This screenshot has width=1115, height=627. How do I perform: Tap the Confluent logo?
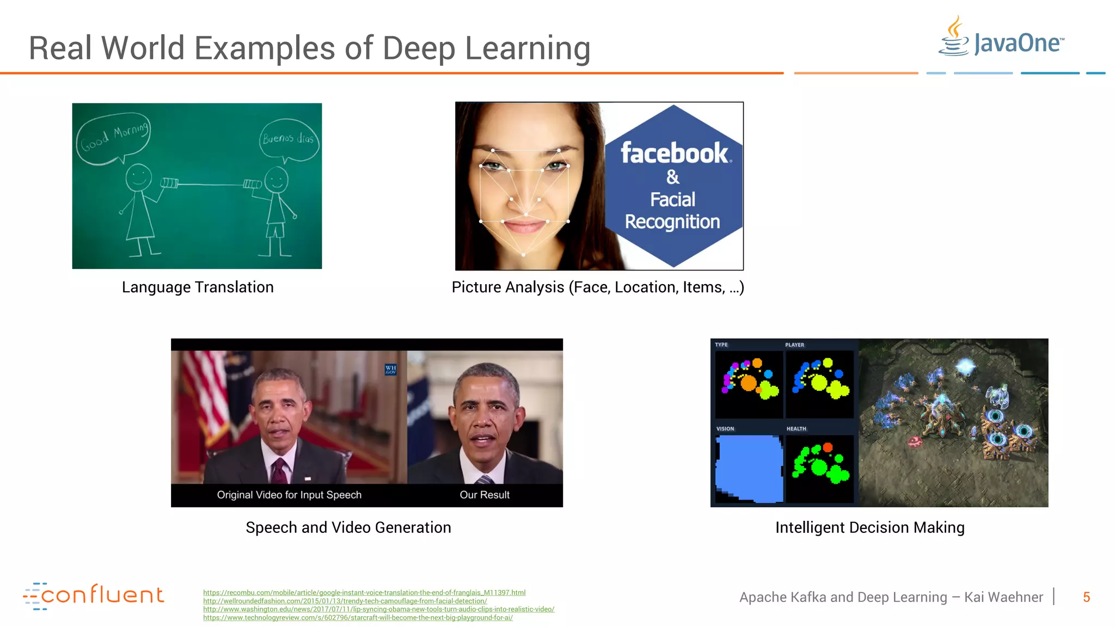click(x=93, y=595)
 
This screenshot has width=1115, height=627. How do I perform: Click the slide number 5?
click(x=1086, y=597)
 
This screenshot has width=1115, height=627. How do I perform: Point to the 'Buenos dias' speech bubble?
click(x=289, y=139)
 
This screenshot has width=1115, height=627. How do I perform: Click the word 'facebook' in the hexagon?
click(x=674, y=153)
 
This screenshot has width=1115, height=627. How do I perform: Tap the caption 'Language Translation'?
click(x=198, y=287)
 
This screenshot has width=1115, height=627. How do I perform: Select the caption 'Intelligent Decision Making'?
click(x=869, y=527)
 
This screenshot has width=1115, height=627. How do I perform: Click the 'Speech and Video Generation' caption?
click(x=348, y=527)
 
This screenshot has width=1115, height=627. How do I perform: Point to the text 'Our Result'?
click(x=485, y=495)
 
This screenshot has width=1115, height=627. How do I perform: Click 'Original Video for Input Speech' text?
click(x=289, y=495)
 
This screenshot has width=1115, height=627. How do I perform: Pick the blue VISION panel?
click(x=749, y=468)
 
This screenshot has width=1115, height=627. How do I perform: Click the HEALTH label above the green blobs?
click(x=796, y=429)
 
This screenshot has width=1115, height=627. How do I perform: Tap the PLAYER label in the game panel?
click(x=794, y=345)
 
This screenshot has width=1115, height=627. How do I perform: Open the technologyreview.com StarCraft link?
click(x=358, y=618)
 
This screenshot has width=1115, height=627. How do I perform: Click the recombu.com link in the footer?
click(x=364, y=593)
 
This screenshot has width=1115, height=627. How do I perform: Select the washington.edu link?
click(x=378, y=610)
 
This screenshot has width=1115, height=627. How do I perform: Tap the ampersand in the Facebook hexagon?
click(x=673, y=177)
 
